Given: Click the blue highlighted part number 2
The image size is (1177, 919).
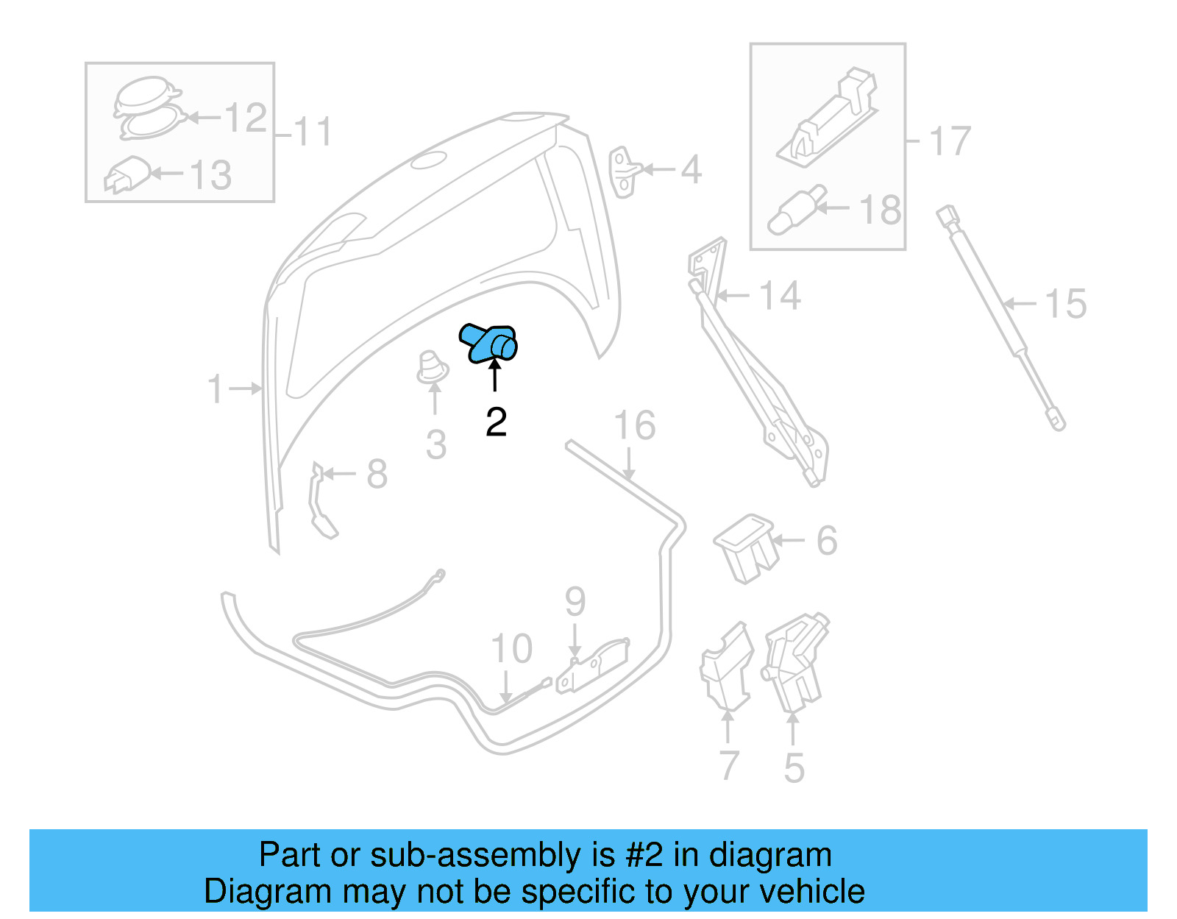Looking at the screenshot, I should pyautogui.click(x=488, y=343).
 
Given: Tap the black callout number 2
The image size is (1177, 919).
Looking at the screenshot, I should pyautogui.click(x=497, y=422).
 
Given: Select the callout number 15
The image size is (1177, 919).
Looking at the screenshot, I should pyautogui.click(x=1065, y=304).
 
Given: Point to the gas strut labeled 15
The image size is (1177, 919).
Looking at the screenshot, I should pyautogui.click(x=1000, y=316).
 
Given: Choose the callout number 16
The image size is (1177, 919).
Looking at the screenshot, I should pyautogui.click(x=635, y=426).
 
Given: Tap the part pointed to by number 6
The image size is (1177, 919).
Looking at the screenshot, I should pyautogui.click(x=745, y=546).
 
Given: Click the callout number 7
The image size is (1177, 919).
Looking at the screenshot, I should pyautogui.click(x=728, y=765).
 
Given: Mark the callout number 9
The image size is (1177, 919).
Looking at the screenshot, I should pyautogui.click(x=575, y=602).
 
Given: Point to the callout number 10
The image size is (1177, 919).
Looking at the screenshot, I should pyautogui.click(x=511, y=649).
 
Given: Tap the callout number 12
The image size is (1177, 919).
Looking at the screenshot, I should pyautogui.click(x=245, y=118).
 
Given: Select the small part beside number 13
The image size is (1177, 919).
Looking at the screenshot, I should pyautogui.click(x=128, y=174).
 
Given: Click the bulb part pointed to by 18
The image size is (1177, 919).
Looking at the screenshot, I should pyautogui.click(x=794, y=210).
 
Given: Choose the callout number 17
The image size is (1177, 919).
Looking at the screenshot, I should pyautogui.click(x=950, y=141).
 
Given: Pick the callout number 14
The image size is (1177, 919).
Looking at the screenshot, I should pyautogui.click(x=779, y=296).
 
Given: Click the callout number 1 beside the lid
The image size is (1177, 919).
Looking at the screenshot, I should pyautogui.click(x=215, y=388).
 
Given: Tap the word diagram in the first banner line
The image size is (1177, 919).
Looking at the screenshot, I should pyautogui.click(x=770, y=855).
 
